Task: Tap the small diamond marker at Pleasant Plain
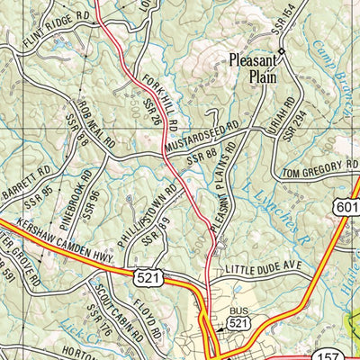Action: pos(281,51)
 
